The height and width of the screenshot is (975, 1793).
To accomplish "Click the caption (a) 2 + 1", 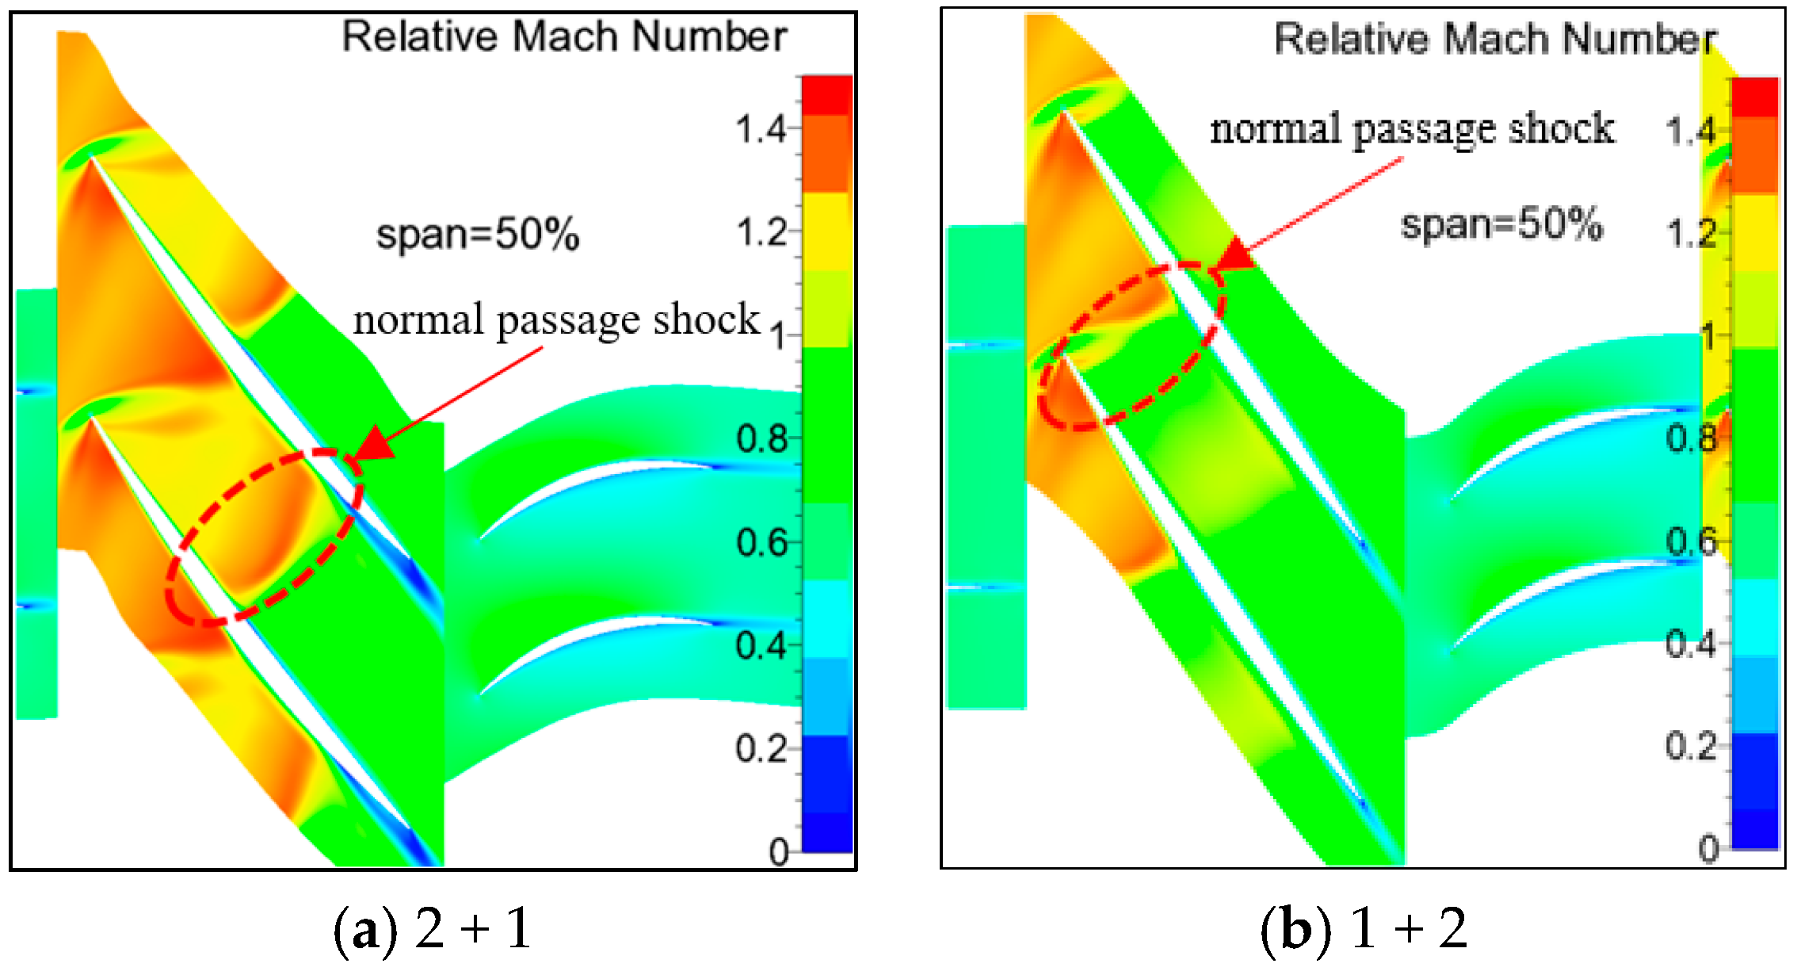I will click(433, 928).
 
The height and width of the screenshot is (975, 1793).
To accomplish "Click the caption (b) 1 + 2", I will click(1364, 928).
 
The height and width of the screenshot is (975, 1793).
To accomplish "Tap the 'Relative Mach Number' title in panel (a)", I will click(564, 36).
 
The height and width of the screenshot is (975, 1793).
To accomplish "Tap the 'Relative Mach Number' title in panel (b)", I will click(1494, 39).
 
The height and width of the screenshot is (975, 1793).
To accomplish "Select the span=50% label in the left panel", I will click(477, 235).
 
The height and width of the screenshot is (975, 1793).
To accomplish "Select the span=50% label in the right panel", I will click(1501, 224).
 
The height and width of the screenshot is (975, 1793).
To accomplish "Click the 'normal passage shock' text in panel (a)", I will click(556, 319).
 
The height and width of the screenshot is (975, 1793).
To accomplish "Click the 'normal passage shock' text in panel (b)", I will click(1412, 128).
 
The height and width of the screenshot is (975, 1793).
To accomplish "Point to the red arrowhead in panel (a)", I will click(372, 445).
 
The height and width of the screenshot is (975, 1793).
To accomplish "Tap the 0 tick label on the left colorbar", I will click(780, 852).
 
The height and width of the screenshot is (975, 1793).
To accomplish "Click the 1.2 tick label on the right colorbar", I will click(1691, 233).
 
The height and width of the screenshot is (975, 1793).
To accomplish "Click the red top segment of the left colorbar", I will click(827, 95).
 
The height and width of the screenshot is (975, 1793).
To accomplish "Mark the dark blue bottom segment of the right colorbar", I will click(1755, 828).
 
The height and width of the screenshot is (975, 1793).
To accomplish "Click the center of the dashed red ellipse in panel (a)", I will click(265, 537).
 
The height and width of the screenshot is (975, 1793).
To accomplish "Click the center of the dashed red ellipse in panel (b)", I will click(1131, 347).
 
